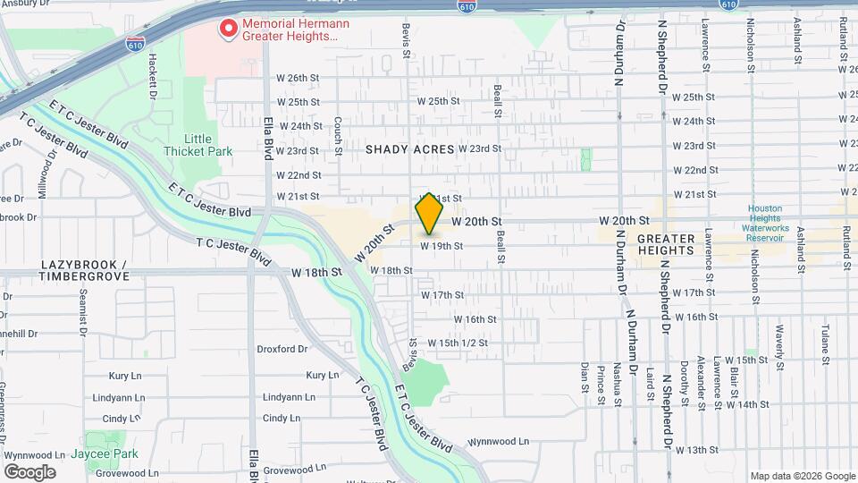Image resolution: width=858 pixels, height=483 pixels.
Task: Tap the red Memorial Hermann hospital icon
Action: click(x=229, y=30)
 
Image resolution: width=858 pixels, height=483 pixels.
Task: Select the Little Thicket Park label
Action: click(x=198, y=145)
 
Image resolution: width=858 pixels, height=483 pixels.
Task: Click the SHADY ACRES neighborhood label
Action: click(x=410, y=149)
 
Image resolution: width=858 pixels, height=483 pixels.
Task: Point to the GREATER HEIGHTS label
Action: click(x=666, y=244)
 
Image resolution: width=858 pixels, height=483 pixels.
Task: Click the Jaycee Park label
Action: click(x=106, y=453)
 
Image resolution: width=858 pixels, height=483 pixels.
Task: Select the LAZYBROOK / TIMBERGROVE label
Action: click(x=85, y=271)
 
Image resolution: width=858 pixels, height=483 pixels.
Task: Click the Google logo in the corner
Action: click(x=29, y=472)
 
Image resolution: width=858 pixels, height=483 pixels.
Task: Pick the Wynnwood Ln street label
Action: click(x=499, y=441)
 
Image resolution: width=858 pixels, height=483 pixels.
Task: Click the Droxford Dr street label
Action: click(x=282, y=349)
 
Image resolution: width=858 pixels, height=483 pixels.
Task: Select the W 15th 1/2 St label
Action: click(x=457, y=343)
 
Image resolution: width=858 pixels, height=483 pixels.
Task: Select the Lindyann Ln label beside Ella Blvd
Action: click(x=289, y=396)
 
